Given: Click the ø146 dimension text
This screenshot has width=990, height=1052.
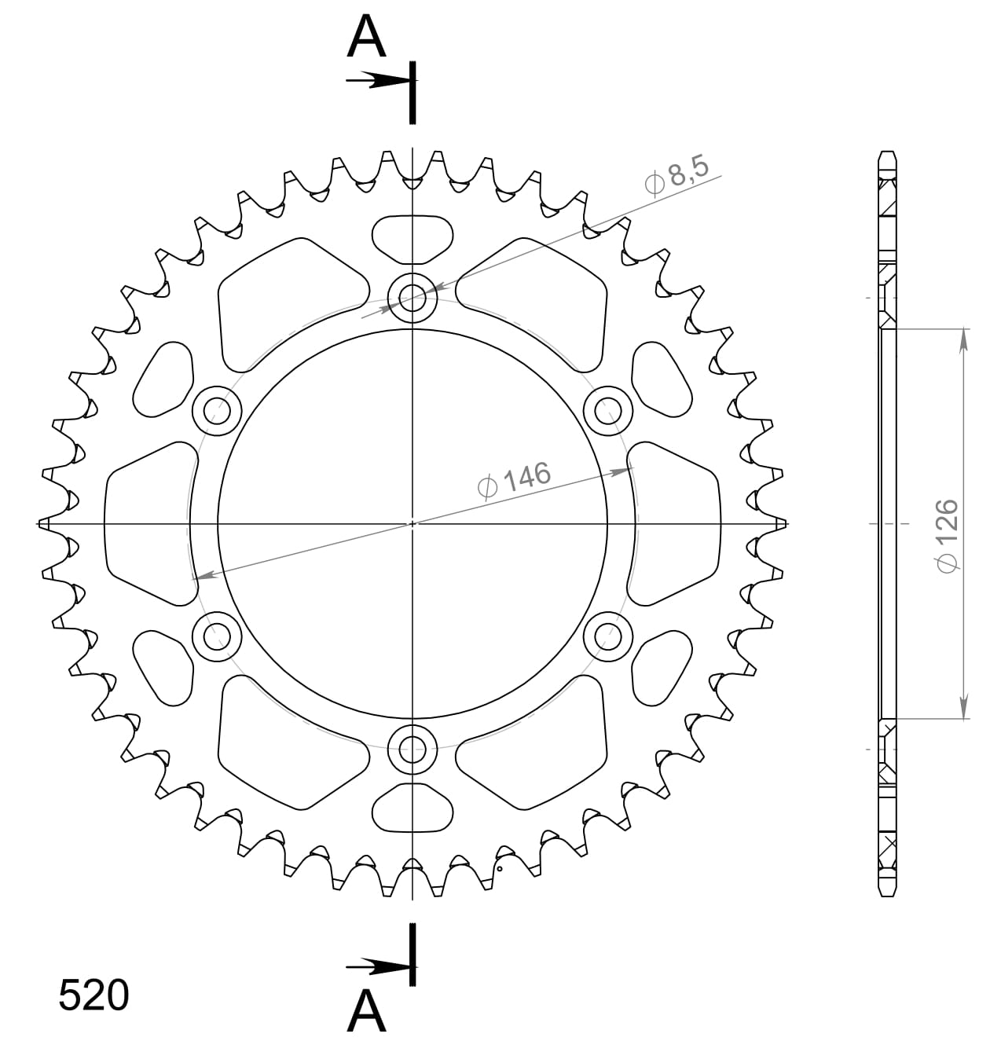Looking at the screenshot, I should click(x=515, y=479).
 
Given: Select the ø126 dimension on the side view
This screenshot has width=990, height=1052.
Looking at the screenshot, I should click(x=948, y=535).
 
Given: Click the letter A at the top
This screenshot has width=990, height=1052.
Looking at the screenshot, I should click(x=367, y=38).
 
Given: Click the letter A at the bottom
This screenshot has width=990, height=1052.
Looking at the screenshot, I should click(x=367, y=1011).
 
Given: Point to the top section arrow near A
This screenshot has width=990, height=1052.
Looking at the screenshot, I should click(x=377, y=80).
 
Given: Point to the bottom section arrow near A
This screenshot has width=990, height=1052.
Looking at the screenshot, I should click(x=377, y=966).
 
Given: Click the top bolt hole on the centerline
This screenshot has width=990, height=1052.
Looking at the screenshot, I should click(x=412, y=298).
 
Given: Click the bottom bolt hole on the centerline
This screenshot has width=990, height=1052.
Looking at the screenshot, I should click(x=412, y=749).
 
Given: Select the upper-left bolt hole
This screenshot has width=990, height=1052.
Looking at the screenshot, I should click(x=217, y=410).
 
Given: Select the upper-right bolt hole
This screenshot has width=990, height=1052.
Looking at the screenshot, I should click(x=608, y=410).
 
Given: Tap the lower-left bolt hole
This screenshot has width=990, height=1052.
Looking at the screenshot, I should click(x=217, y=635).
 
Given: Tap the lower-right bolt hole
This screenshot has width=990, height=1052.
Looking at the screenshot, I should click(x=608, y=635).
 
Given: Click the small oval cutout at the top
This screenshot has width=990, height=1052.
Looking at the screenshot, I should click(x=412, y=239).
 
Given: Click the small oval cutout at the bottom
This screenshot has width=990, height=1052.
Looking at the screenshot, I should click(x=412, y=808).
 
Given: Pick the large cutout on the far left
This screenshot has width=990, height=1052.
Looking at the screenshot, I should click(x=149, y=523).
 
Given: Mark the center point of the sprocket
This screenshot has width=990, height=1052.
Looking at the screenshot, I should click(x=412, y=523).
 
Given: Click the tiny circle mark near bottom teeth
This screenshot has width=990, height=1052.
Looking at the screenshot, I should click(x=499, y=869).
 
